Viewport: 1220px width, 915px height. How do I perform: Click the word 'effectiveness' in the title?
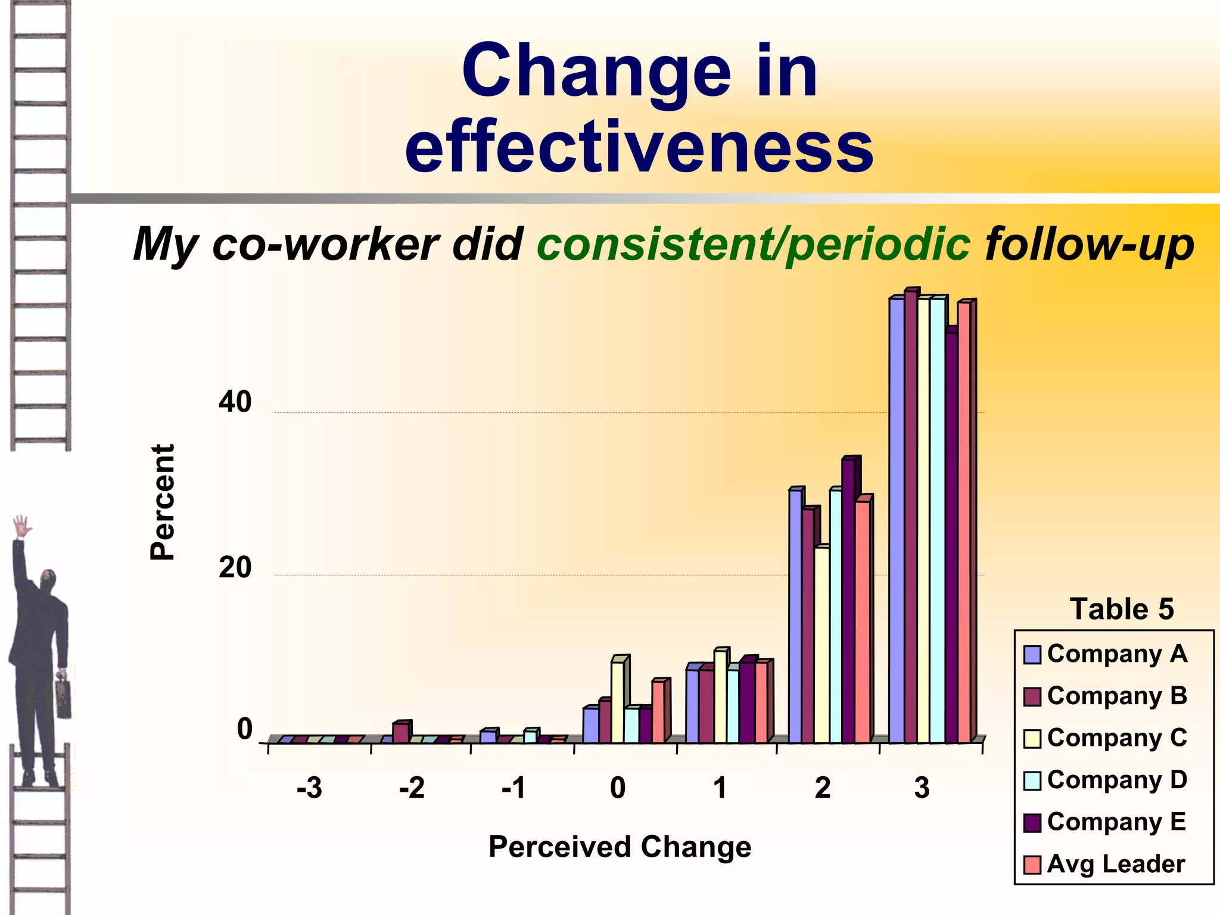click(x=639, y=147)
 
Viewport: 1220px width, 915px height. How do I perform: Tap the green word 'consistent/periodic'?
click(x=753, y=244)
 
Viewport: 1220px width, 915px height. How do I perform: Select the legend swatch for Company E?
click(x=1032, y=823)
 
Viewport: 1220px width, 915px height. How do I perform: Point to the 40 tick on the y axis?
click(x=235, y=403)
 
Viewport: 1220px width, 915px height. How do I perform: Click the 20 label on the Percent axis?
click(x=235, y=567)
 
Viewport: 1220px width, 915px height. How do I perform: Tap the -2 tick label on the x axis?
click(x=412, y=788)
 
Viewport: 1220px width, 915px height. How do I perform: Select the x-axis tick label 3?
click(x=922, y=788)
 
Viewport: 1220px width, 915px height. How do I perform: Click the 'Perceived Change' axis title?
click(x=620, y=846)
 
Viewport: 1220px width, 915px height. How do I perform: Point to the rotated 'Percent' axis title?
click(x=162, y=502)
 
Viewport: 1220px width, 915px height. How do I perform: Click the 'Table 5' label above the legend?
click(x=1121, y=609)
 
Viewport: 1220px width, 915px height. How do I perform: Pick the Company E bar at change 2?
click(x=848, y=602)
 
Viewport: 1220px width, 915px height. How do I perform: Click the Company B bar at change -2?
click(x=400, y=733)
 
